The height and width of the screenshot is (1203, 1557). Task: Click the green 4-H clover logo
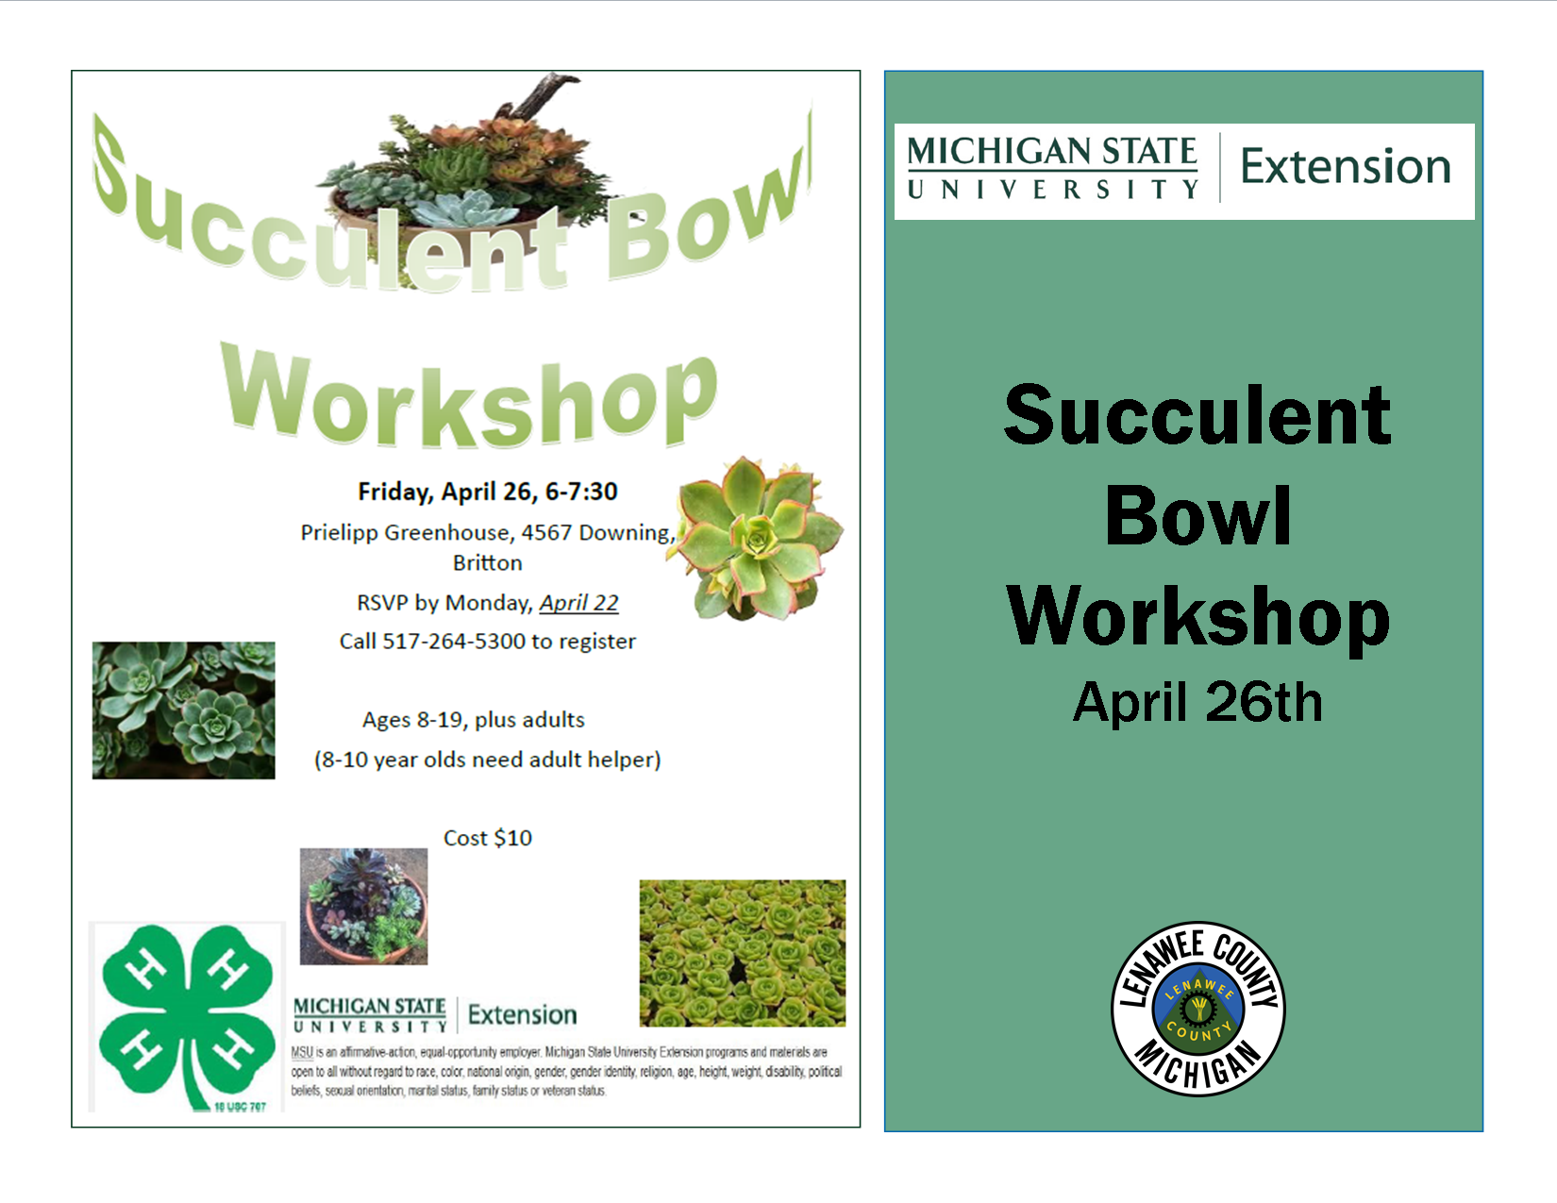[x=187, y=1017]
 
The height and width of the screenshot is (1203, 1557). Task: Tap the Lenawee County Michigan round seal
[x=1198, y=1009]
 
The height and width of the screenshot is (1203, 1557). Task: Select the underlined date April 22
[x=579, y=603]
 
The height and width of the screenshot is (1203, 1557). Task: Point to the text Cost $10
[x=487, y=838]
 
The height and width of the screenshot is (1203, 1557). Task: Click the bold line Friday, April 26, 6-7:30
[x=487, y=492]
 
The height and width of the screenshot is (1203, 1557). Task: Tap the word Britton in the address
[x=487, y=563]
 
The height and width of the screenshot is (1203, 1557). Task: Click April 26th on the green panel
[x=1197, y=702]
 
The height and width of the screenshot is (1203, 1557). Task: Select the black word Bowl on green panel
[x=1198, y=515]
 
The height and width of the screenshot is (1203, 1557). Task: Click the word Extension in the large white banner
[x=1346, y=167]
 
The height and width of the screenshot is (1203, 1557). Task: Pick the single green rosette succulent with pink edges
[x=757, y=538]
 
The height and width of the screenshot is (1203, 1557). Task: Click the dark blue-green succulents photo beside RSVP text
[x=183, y=710]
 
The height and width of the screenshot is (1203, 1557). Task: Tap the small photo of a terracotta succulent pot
[x=363, y=907]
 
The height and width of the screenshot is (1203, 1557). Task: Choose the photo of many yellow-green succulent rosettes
[x=743, y=953]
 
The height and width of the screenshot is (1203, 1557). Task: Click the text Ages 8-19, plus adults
[x=474, y=720]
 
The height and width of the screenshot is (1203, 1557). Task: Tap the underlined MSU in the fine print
[x=302, y=1053]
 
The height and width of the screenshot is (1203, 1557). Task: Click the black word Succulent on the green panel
[x=1197, y=415]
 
